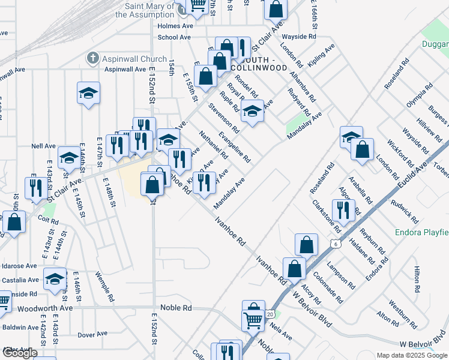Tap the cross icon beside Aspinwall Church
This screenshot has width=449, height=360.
pyautogui.click(x=92, y=59)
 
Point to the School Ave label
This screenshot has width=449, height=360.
pyautogui.click(x=174, y=37)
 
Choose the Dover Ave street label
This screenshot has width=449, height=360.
pyautogui.click(x=92, y=334)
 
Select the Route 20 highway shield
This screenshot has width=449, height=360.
pyautogui.click(x=270, y=314)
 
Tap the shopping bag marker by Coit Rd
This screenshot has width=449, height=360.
pyautogui.click(x=14, y=221)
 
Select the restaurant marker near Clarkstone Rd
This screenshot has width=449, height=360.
pyautogui.click(x=343, y=209)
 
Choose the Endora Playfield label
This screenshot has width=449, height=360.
pyautogui.click(x=421, y=232)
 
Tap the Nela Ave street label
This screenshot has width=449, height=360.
pyautogui.click(x=281, y=331)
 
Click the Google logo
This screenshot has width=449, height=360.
pyautogui.click(x=20, y=353)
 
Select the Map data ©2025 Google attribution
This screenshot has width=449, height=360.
pyautogui.click(x=411, y=355)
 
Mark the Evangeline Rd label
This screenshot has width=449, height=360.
pyautogui.click(x=235, y=147)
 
